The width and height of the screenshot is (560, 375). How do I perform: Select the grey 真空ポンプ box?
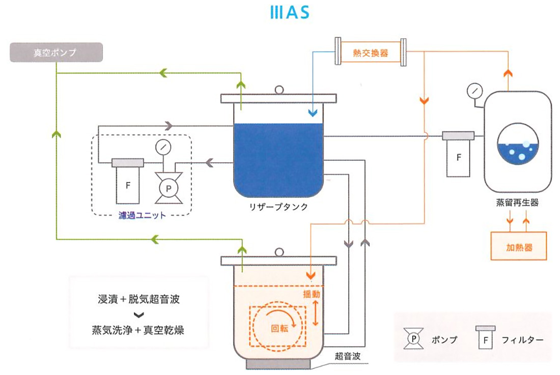[56, 52]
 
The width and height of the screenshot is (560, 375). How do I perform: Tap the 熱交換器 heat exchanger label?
[370, 52]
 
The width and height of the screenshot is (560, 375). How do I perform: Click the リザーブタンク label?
[278, 206]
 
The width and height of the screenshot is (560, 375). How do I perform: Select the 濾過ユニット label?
[142, 215]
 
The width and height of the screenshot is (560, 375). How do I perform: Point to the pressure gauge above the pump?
[163, 148]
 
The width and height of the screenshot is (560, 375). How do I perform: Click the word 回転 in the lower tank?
[279, 328]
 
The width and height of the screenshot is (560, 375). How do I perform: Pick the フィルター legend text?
[522, 339]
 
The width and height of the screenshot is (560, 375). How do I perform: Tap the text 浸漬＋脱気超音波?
[139, 299]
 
